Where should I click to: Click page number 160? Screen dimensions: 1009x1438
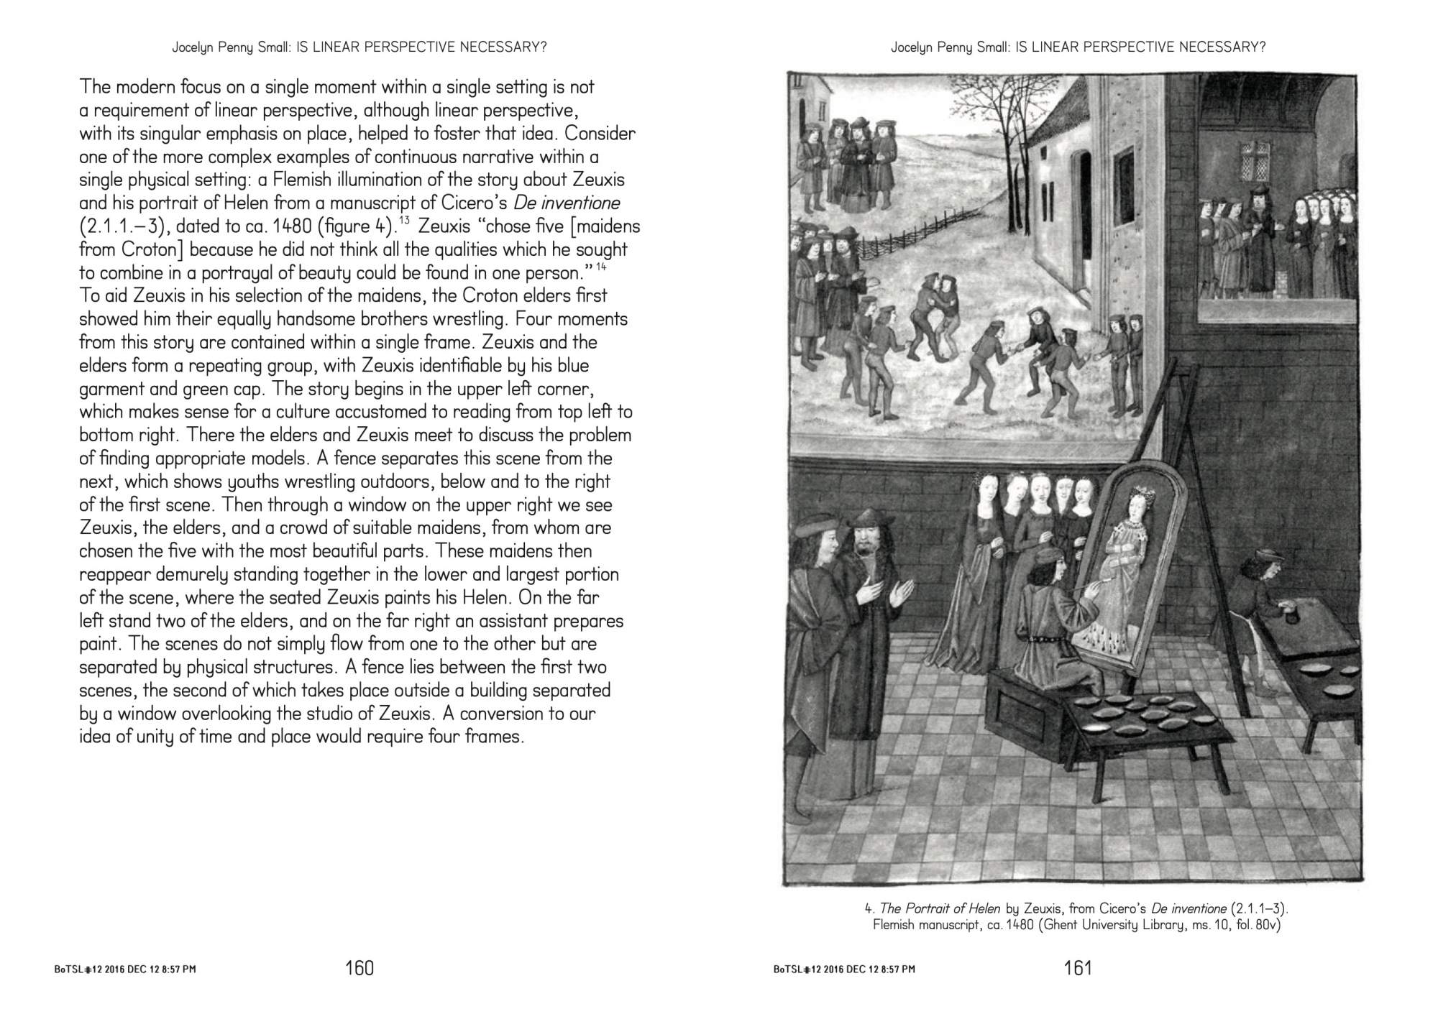click(359, 968)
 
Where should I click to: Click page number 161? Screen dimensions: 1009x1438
click(1078, 968)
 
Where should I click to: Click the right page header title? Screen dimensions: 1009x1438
click(1078, 47)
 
